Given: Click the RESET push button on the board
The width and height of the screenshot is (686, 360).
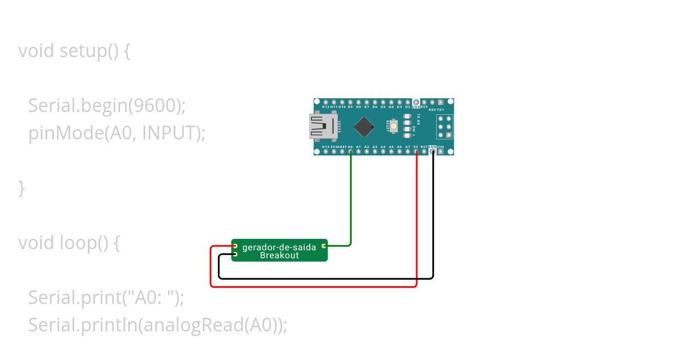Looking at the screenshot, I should point(393,126).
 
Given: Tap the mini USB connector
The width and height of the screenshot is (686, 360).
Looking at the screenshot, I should point(323,126).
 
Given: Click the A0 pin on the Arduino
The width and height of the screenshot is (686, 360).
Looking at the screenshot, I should point(350,152).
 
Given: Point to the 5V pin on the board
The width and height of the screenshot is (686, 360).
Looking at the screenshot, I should point(416,152).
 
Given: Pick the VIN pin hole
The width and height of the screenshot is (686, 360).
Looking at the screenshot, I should point(441,152).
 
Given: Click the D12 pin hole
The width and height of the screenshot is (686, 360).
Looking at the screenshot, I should point(325,102).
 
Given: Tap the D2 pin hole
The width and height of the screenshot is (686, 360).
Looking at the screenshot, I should point(408,102).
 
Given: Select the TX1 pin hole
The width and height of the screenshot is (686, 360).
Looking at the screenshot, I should point(441,102).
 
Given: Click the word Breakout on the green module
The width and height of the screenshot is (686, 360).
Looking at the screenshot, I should point(279,255).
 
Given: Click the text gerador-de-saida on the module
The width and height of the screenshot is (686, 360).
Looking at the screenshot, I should point(279,247).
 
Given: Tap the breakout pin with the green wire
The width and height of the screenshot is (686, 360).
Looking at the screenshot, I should point(324,246).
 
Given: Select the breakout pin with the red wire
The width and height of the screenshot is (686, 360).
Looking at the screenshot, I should point(234,246).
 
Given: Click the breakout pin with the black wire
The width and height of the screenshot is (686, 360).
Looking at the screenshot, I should point(234,254).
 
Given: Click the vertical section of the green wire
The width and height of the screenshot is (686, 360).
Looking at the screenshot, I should point(350,200).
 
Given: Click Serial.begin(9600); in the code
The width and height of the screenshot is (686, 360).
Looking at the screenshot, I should point(107,106).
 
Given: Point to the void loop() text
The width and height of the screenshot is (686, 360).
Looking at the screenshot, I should point(69,243).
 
